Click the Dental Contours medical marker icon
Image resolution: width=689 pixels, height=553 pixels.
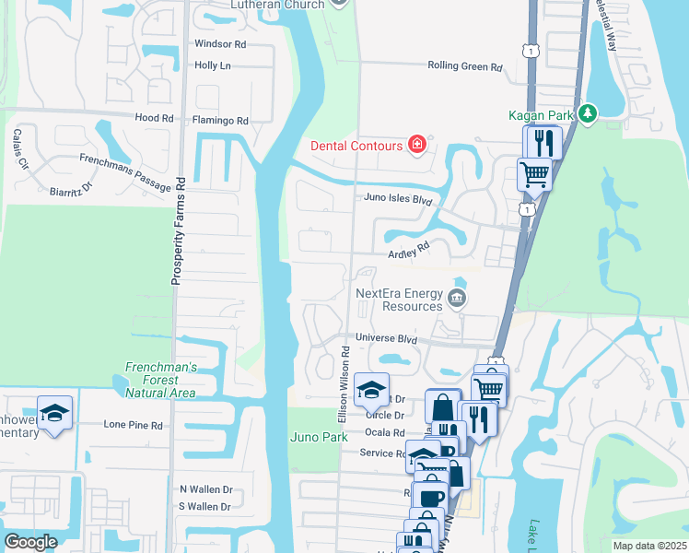pyautogui.click(x=416, y=146)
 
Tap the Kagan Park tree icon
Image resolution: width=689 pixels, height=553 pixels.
pyautogui.click(x=586, y=114)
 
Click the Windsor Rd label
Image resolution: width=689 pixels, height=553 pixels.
pyautogui.click(x=219, y=43)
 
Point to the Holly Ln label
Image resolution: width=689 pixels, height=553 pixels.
pyautogui.click(x=212, y=65)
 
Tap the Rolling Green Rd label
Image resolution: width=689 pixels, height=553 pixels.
pyautogui.click(x=465, y=66)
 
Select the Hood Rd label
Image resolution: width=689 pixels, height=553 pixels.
pyautogui.click(x=154, y=118)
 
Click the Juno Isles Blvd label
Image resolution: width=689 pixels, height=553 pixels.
pyautogui.click(x=394, y=199)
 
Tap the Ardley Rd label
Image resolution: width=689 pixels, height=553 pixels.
pyautogui.click(x=410, y=249)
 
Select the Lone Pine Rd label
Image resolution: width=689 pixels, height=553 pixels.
pyautogui.click(x=133, y=425)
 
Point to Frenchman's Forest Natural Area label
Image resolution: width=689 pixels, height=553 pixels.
pyautogui.click(x=161, y=380)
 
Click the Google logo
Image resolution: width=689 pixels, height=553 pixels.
pyautogui.click(x=30, y=542)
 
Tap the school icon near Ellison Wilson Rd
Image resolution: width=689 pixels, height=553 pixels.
pyautogui.click(x=371, y=390)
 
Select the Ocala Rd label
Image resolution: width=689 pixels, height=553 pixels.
pyautogui.click(x=385, y=432)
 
